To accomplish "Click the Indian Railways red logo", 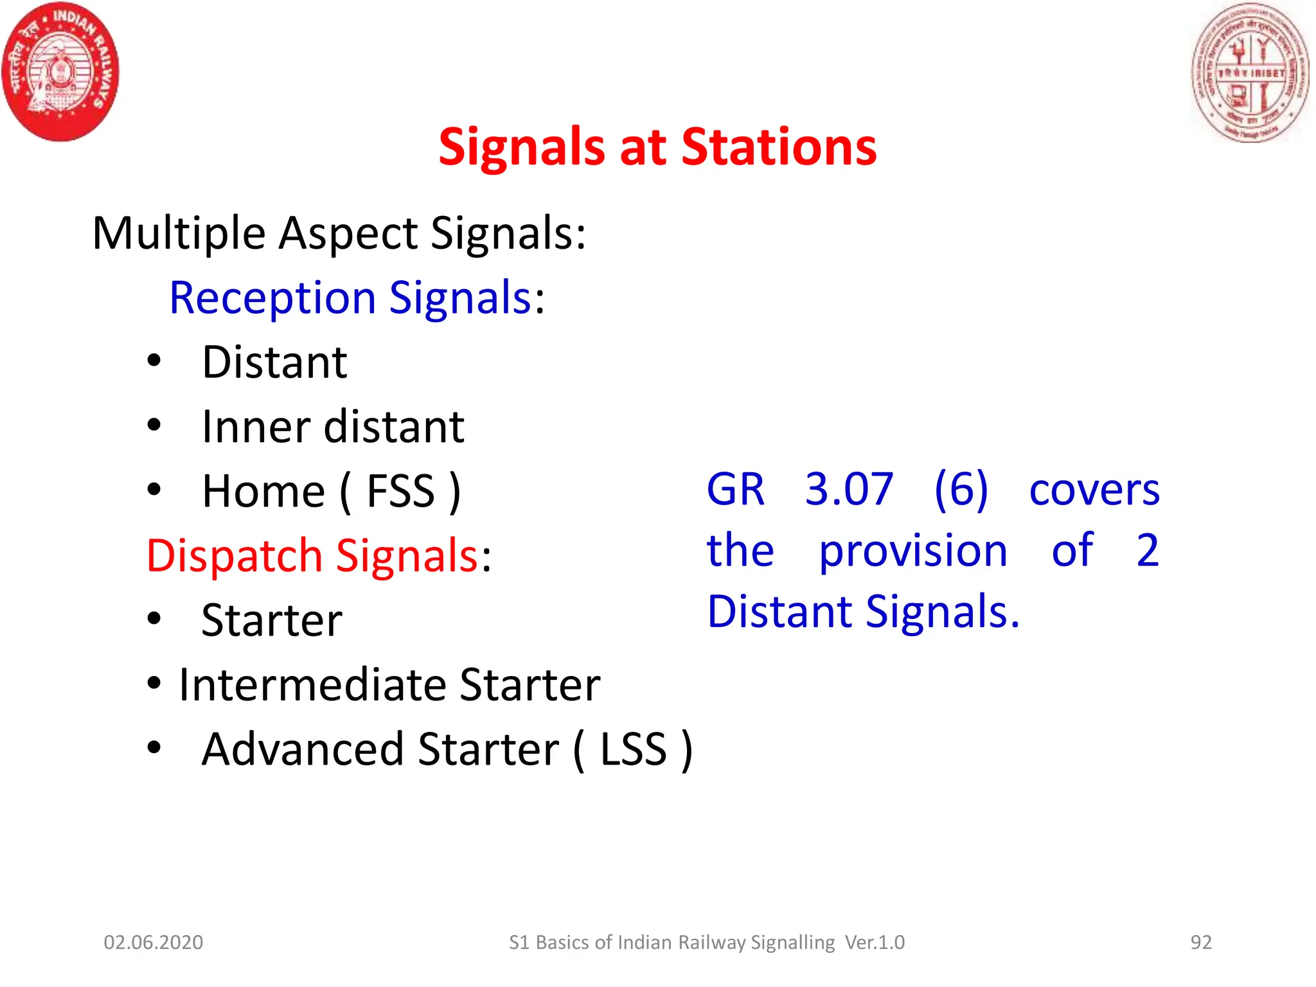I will pyautogui.click(x=60, y=71).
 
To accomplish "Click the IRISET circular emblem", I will pyautogui.click(x=1250, y=72).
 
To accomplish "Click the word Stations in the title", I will pyautogui.click(x=778, y=147).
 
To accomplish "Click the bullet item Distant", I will pyautogui.click(x=274, y=362).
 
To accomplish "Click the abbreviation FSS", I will pyautogui.click(x=401, y=492).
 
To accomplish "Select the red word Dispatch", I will pyautogui.click(x=235, y=556).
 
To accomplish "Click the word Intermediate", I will pyautogui.click(x=312, y=685).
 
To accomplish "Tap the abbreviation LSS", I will pyautogui.click(x=634, y=749).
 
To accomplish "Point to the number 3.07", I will pyautogui.click(x=849, y=489).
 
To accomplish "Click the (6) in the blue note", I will pyautogui.click(x=961, y=489).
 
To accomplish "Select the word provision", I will pyautogui.click(x=913, y=551).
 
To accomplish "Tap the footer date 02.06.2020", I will pyautogui.click(x=154, y=942).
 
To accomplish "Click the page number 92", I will pyautogui.click(x=1201, y=942).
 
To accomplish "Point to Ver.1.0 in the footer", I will pyautogui.click(x=875, y=942).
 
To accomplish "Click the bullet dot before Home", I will pyautogui.click(x=154, y=490).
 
